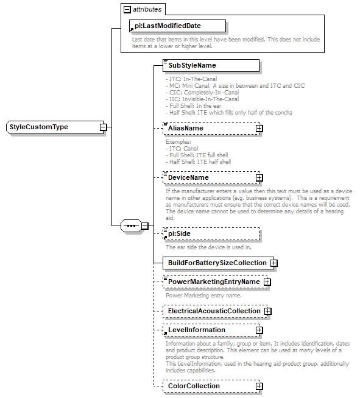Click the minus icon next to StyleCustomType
point(104,127)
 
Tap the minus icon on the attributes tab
point(127,10)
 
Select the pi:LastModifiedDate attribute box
point(176,26)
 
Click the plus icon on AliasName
point(259,129)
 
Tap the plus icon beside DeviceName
point(259,177)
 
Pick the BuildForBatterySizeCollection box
point(217,263)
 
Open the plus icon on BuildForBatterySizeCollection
point(274,263)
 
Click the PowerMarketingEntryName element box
point(213,282)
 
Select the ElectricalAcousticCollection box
point(214,311)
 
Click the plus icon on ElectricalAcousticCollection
point(267,311)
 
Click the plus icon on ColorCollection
point(259,386)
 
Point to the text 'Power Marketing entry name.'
point(203,295)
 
